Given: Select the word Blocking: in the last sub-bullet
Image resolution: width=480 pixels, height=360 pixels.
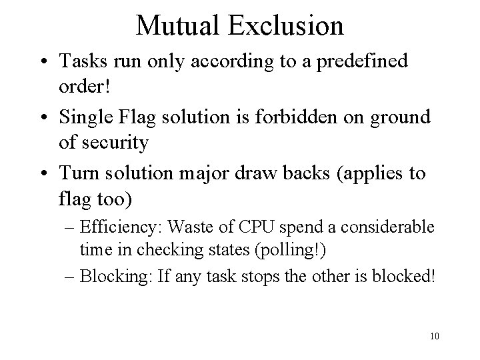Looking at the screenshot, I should pyautogui.click(x=109, y=275).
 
